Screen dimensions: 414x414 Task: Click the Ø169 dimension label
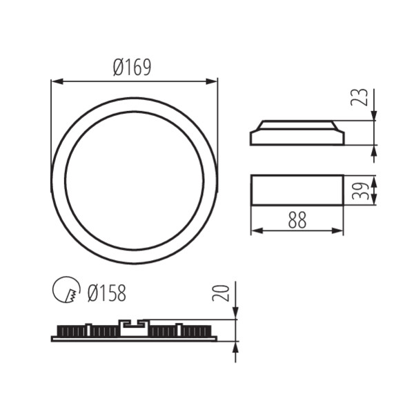pos(132,67)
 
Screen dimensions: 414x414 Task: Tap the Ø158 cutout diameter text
pos(106,293)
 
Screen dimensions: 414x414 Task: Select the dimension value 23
pos(359,97)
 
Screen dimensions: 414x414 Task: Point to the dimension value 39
pos(359,190)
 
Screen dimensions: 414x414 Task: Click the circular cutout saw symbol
pos(66,290)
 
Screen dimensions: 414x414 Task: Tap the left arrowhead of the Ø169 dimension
pos(55,81)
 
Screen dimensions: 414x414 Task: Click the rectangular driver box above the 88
pos(297,190)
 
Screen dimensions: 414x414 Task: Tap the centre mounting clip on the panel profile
pos(133,327)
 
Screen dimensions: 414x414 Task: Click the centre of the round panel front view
pos(134,181)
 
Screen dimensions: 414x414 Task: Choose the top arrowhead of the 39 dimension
pos(373,179)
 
